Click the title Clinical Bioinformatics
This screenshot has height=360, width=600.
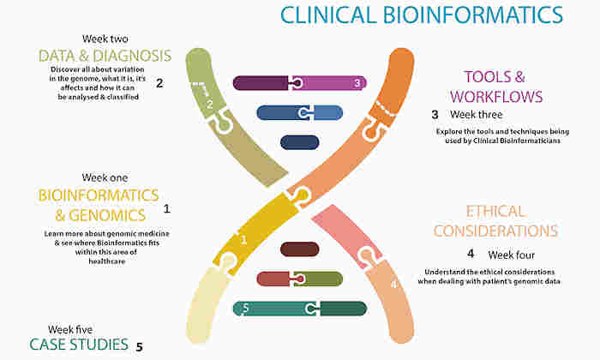click(x=422, y=15)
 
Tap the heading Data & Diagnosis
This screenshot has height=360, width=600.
click(x=105, y=56)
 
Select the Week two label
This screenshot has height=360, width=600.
click(x=105, y=39)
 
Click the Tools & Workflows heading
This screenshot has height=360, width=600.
click(x=496, y=87)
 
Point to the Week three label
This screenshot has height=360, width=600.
click(x=476, y=114)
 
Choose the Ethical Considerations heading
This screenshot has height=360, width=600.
click(x=495, y=221)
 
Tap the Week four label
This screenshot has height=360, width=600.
click(x=511, y=255)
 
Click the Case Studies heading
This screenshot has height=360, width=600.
click(x=79, y=345)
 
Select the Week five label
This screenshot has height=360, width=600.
click(x=70, y=329)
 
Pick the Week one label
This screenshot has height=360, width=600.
click(x=105, y=177)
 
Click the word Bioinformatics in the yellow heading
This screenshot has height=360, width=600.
click(x=99, y=195)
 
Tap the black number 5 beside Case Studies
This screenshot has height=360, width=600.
click(x=139, y=347)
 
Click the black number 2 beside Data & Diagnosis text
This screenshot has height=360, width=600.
click(x=159, y=83)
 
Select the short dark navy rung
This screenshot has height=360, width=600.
click(x=300, y=142)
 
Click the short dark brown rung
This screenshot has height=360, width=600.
click(x=300, y=249)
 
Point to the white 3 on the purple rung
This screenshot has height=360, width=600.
click(x=357, y=83)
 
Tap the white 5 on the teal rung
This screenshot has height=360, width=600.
click(x=246, y=308)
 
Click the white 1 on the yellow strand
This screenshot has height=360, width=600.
click(x=243, y=240)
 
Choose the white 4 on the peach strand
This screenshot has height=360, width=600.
click(x=393, y=285)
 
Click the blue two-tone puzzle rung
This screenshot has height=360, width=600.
click(x=300, y=113)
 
